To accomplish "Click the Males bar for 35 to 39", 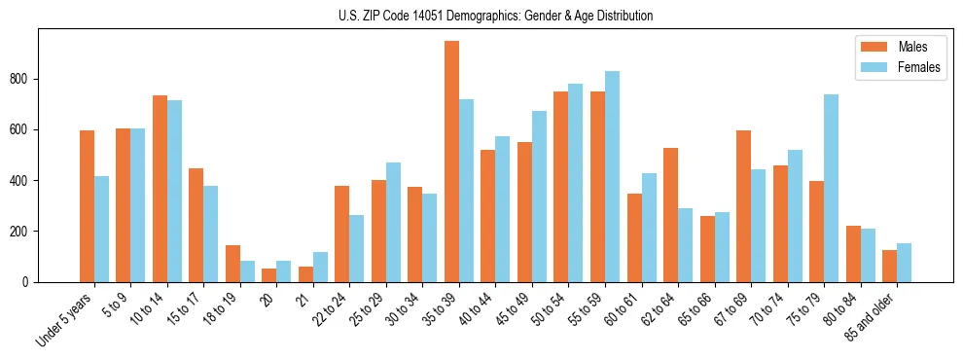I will [x=451, y=162].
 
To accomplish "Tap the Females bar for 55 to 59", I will [x=612, y=176].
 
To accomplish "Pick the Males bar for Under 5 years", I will [x=87, y=206].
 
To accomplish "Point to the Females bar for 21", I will [x=320, y=267].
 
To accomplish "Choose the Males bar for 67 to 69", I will [x=743, y=206].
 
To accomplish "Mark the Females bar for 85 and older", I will [x=904, y=263].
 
